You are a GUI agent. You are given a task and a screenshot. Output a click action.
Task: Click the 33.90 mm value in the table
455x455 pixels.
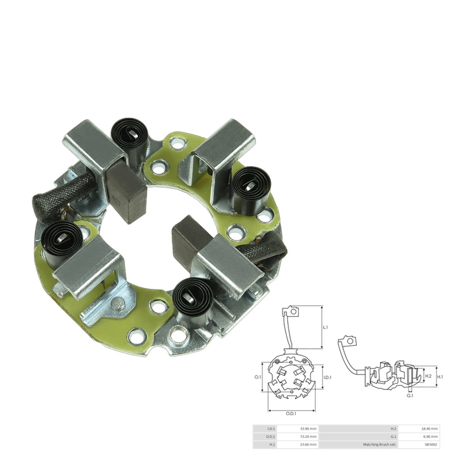[x=308, y=428]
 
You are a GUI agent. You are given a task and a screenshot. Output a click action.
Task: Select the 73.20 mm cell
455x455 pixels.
[x=308, y=436]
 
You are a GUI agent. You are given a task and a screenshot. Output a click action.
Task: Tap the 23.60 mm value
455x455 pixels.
[x=308, y=444]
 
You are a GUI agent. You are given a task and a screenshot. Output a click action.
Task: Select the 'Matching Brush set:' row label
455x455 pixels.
[x=380, y=444]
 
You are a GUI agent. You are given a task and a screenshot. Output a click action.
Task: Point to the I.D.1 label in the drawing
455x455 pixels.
[x=327, y=377]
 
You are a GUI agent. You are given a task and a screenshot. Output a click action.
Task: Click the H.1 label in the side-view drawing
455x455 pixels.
[x=440, y=377]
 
